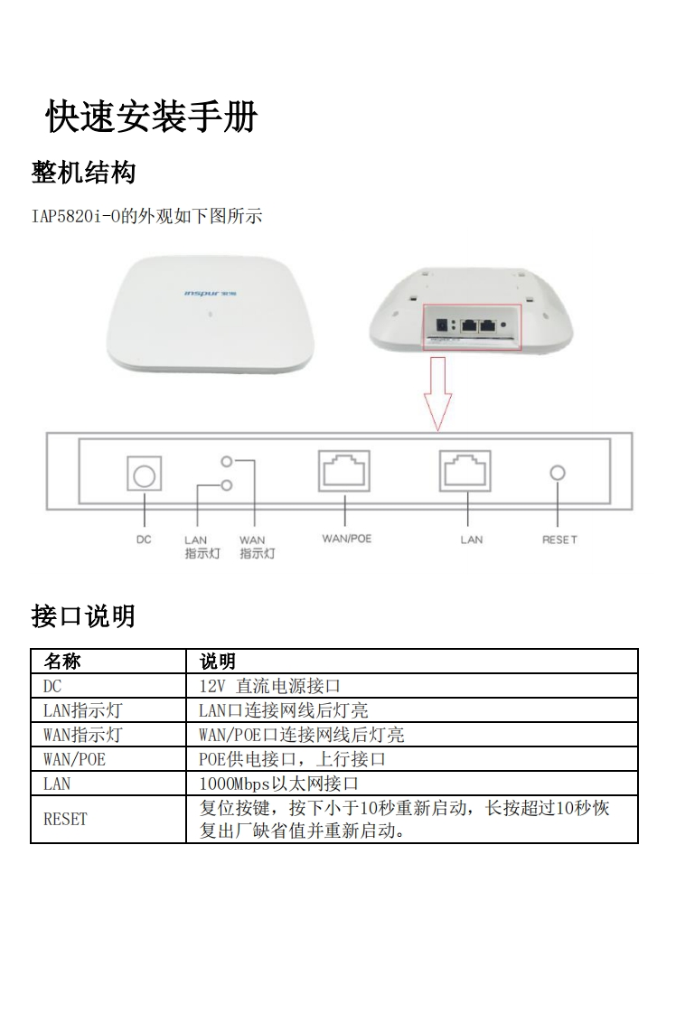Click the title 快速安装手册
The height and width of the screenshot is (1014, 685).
click(151, 117)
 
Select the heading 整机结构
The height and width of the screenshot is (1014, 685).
click(83, 173)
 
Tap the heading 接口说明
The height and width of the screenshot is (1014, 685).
click(83, 616)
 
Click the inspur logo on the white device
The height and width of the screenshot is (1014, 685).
click(211, 294)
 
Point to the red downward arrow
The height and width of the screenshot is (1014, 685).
click(438, 393)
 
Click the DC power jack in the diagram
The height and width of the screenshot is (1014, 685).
click(144, 474)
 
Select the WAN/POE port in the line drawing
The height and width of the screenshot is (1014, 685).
click(344, 470)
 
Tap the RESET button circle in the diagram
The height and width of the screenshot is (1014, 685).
click(558, 473)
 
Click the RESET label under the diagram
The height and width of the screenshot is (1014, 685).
click(559, 540)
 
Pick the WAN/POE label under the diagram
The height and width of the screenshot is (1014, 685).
click(347, 539)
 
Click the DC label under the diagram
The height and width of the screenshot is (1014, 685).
click(144, 540)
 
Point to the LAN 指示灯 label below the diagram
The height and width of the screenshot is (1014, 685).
click(202, 547)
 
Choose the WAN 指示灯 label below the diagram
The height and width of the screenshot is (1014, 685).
click(257, 547)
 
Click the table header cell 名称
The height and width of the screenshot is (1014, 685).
click(62, 661)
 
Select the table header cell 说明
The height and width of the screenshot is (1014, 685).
click(217, 661)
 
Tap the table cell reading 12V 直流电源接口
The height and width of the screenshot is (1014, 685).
click(269, 685)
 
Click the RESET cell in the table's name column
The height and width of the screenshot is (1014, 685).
click(65, 820)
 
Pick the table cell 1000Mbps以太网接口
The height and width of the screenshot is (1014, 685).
click(278, 784)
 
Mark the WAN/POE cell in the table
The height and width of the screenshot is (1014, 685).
click(74, 759)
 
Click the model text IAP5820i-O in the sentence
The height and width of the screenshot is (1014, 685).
click(76, 216)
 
